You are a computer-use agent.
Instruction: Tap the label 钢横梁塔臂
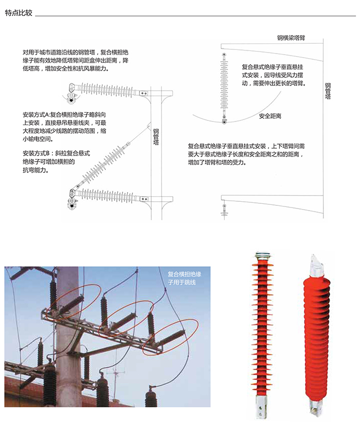pos(291,38)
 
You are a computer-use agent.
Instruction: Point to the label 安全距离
pos(270,116)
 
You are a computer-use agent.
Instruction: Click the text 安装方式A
pos(36,113)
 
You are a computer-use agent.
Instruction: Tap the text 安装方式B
pos(35,153)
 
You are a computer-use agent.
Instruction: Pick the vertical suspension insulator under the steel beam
pos(224,88)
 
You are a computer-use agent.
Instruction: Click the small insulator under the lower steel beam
pos(224,210)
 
